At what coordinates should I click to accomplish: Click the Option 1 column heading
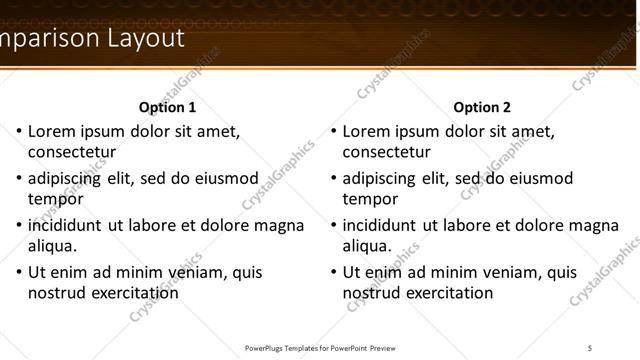167,107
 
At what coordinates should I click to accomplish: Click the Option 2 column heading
482,107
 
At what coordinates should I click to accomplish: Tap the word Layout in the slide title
144,39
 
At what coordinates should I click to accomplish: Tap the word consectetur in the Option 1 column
73,153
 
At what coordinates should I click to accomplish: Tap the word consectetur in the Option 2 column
388,153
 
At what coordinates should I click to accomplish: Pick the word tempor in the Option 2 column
370,199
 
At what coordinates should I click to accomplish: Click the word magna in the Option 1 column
279,225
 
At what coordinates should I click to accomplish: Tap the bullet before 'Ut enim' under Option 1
18,272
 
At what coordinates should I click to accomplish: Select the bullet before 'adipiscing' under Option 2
333,179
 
